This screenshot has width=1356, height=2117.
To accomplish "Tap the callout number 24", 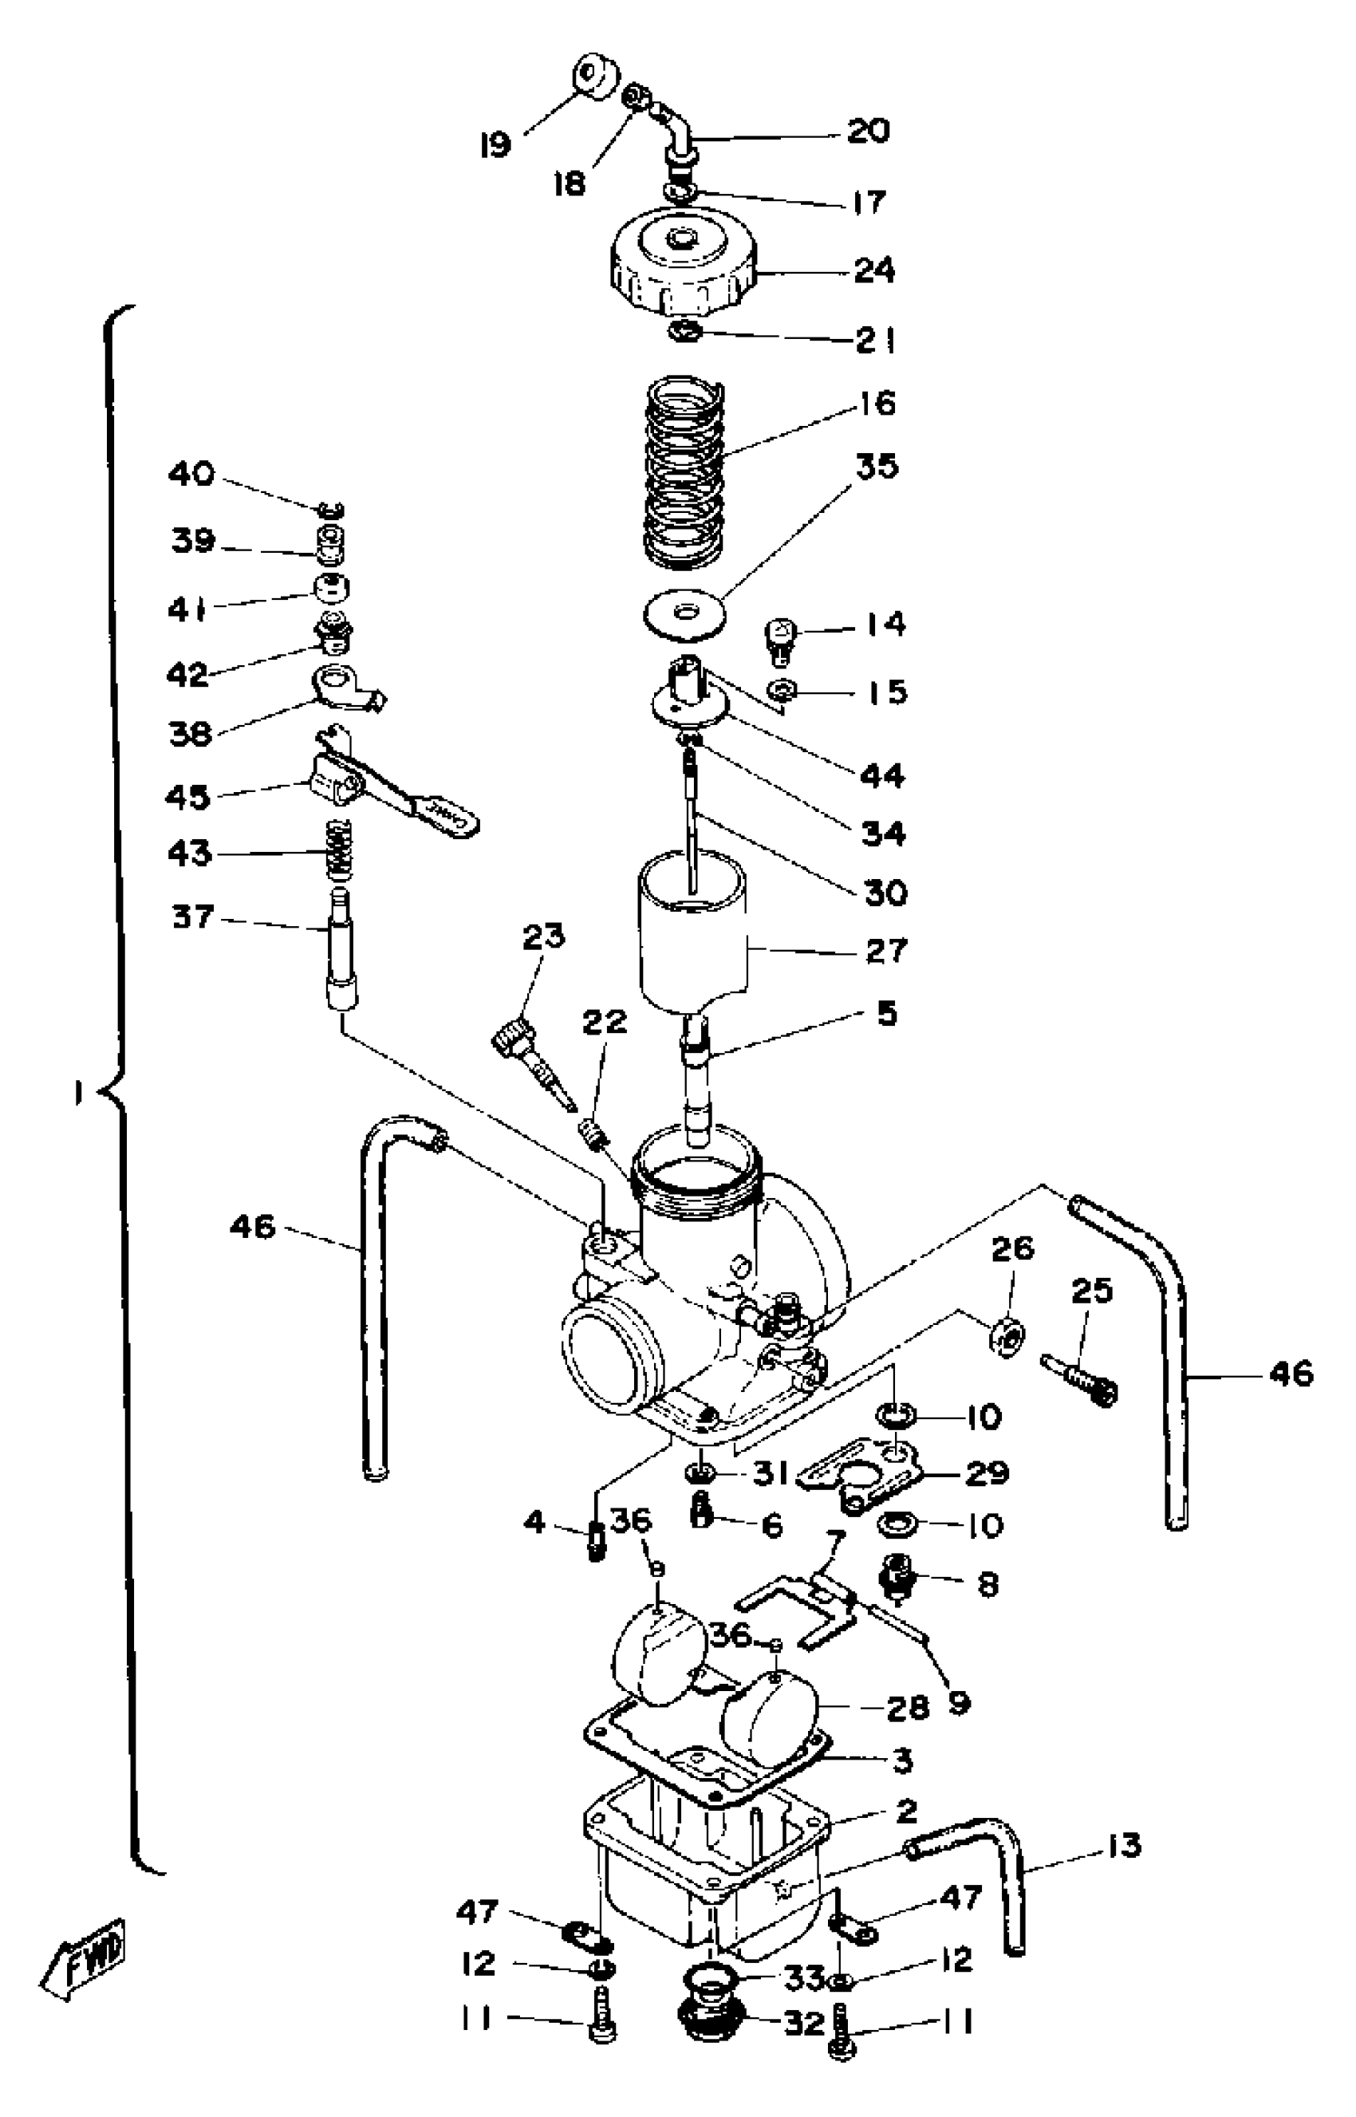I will [x=874, y=270].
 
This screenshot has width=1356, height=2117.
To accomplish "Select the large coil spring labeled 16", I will [x=684, y=471].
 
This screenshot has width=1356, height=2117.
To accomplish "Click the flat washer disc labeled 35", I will [x=684, y=612].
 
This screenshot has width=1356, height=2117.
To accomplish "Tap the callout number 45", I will [x=187, y=797].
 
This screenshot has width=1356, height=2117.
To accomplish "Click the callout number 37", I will [x=193, y=917].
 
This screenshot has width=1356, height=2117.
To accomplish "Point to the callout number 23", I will [x=543, y=937].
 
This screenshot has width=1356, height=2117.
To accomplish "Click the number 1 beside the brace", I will [x=79, y=1094].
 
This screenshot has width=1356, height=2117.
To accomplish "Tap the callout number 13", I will [x=1122, y=1846].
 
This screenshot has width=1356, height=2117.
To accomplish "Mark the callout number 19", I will [x=495, y=144].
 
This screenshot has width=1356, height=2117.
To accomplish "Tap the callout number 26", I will [x=1011, y=1250].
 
